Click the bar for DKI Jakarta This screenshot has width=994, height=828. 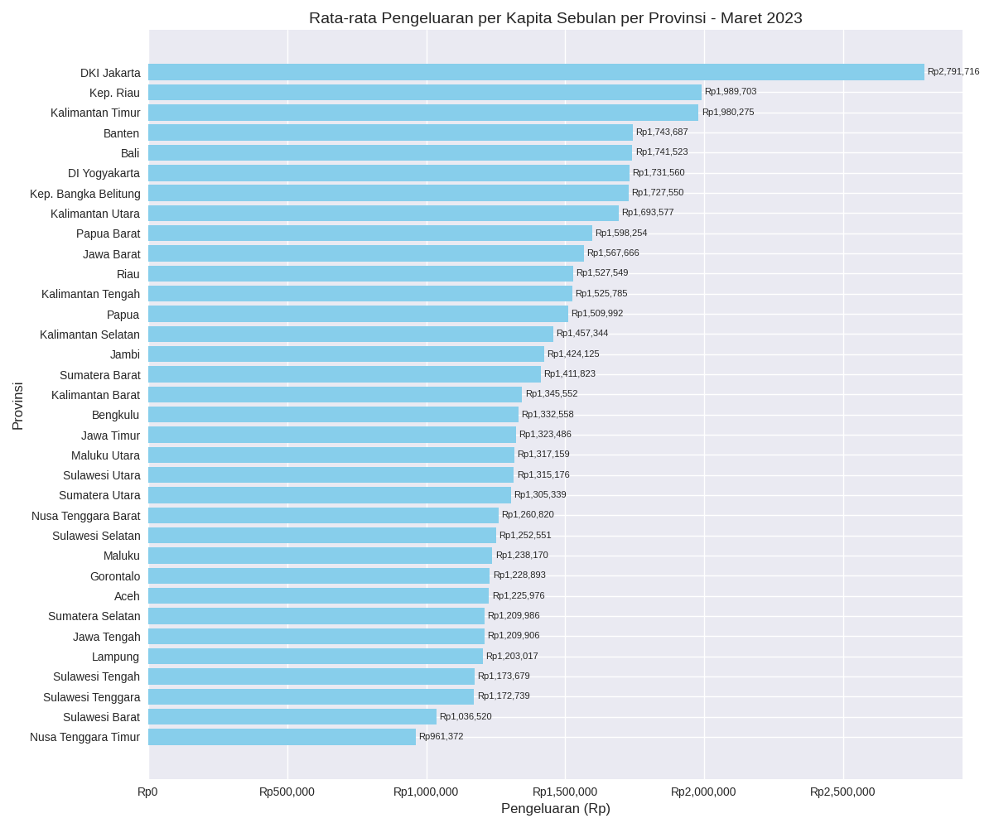(x=536, y=72)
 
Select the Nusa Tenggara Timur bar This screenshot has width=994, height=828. (x=282, y=737)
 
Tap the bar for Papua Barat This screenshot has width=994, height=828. (x=370, y=233)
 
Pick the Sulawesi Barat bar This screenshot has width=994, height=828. (x=292, y=716)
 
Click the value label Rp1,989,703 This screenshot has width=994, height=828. (x=731, y=92)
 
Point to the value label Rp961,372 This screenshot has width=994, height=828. (x=442, y=737)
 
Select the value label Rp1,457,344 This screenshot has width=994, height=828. (x=582, y=334)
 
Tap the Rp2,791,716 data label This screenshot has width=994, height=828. (x=953, y=72)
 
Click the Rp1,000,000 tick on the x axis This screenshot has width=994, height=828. (x=426, y=792)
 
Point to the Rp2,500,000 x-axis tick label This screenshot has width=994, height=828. (x=842, y=792)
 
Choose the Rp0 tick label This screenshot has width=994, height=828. (x=147, y=792)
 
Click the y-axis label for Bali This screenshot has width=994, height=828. (x=130, y=153)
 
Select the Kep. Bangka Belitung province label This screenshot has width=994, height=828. (x=85, y=194)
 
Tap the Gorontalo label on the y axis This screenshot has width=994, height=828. (x=115, y=576)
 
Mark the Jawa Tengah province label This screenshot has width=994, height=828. (x=107, y=637)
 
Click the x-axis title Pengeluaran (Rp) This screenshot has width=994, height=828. (x=556, y=808)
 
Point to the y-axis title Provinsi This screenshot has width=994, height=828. (x=17, y=406)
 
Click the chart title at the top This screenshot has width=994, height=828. (x=556, y=18)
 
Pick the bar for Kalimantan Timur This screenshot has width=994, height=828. (x=423, y=113)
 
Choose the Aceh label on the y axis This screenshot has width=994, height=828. (x=127, y=596)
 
